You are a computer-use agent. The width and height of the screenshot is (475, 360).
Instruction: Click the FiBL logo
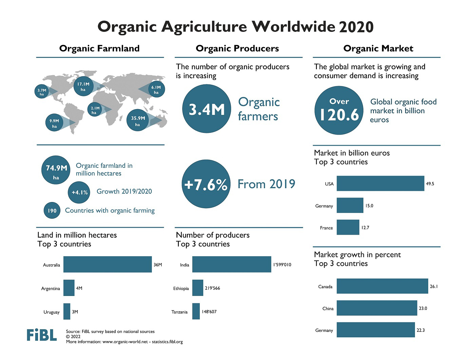42,335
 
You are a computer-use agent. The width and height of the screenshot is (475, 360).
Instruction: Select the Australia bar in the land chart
107,264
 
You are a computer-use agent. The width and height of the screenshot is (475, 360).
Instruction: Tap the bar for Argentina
69,288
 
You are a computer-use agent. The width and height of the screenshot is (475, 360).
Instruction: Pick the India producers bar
231,264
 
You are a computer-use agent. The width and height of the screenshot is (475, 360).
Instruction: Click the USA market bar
380,183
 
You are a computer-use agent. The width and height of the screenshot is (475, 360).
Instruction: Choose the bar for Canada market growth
382,286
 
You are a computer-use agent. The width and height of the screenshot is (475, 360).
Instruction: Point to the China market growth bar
377,308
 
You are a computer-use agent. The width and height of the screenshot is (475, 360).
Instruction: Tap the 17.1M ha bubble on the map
83,87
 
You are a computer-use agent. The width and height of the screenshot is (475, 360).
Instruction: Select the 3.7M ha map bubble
42,92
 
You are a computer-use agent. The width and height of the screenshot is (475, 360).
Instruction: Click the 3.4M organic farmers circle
206,109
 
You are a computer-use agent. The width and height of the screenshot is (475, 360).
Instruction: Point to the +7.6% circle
206,184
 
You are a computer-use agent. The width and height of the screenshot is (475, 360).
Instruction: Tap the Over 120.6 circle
339,111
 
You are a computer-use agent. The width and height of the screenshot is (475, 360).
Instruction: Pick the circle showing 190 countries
52,211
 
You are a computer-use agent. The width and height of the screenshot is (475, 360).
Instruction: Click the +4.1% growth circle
80,192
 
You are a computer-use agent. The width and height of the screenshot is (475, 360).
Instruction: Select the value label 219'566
212,288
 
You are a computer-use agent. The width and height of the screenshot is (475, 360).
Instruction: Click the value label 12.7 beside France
365,227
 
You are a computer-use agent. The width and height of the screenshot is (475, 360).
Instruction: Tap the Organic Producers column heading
237,48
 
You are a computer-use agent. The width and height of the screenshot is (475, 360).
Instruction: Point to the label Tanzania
179,312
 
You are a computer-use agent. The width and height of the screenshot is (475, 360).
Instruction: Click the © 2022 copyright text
73,337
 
